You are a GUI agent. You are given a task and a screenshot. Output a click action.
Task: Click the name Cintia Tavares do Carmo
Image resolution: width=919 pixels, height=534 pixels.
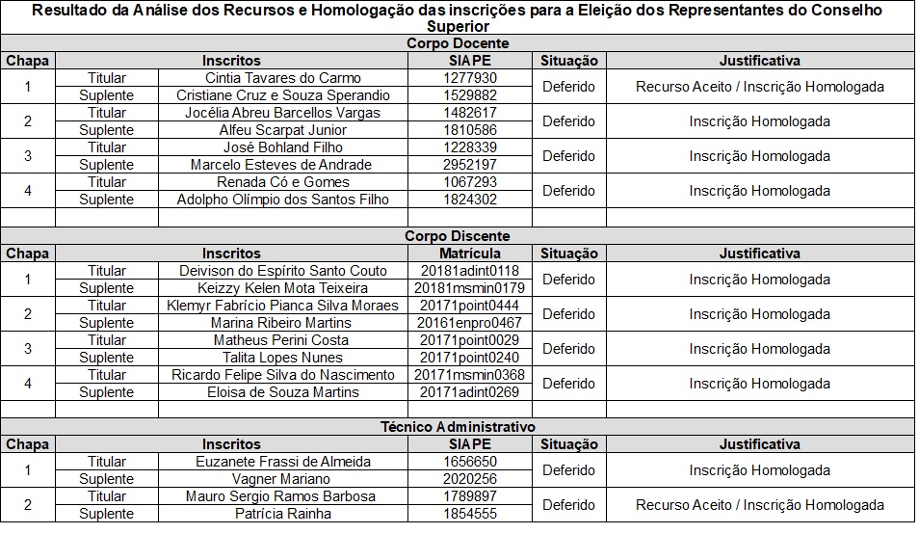click(x=283, y=78)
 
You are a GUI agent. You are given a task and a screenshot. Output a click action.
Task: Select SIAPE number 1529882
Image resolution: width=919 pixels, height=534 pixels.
click(x=471, y=95)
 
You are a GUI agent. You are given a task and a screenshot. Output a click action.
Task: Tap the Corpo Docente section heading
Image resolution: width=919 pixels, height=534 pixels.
click(x=458, y=43)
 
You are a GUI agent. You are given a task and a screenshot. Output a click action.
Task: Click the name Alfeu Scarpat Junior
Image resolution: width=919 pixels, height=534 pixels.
click(x=283, y=130)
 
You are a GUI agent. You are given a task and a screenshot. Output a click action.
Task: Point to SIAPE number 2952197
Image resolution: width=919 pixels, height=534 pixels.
click(x=471, y=165)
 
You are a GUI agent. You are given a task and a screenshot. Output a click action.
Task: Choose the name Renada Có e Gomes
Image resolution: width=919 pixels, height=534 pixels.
click(x=283, y=182)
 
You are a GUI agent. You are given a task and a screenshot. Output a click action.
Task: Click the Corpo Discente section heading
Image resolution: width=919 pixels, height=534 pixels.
click(x=458, y=236)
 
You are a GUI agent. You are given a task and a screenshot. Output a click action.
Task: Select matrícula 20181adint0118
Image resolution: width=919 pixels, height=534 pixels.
click(x=471, y=271)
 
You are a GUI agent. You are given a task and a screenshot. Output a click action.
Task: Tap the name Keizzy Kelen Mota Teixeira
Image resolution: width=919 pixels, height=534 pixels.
click(x=283, y=288)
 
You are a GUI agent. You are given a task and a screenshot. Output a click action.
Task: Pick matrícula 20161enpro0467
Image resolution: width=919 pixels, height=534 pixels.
click(x=471, y=323)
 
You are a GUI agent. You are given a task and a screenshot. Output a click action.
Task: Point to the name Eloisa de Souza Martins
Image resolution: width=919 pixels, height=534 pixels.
click(x=283, y=392)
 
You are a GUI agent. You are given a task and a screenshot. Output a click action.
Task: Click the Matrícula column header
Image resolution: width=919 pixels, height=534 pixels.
click(x=471, y=254)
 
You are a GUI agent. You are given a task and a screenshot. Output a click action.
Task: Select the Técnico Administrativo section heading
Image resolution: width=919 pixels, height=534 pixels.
click(x=458, y=427)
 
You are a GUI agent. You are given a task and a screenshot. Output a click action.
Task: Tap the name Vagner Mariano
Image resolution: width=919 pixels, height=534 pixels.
click(x=283, y=479)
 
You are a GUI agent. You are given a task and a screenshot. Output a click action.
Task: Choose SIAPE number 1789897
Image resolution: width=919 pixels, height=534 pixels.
click(x=471, y=496)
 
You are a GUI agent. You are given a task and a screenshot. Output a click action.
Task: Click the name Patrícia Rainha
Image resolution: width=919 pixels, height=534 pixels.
click(x=283, y=514)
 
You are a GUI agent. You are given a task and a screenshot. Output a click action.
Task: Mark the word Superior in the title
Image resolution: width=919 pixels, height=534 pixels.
click(x=458, y=27)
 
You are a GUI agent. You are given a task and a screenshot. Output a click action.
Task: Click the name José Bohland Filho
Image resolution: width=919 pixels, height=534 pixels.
click(x=283, y=147)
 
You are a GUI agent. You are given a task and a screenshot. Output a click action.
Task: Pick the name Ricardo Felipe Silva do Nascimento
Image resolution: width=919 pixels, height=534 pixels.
click(x=283, y=375)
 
